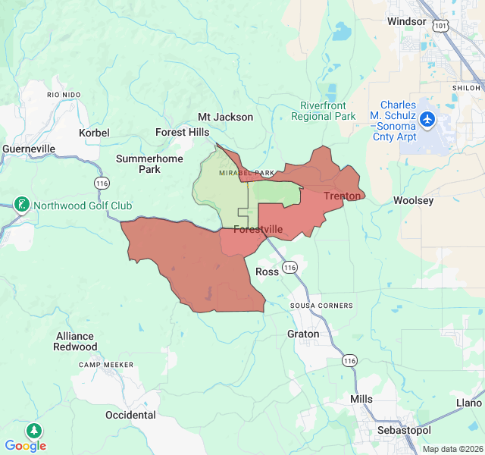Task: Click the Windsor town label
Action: [407, 21]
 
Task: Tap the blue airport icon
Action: [427, 119]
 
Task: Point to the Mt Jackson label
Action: [225, 117]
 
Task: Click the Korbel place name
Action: [94, 133]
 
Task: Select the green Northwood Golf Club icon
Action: [22, 204]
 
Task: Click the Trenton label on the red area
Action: [342, 196]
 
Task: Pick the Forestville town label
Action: [258, 229]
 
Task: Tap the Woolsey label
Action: [413, 201]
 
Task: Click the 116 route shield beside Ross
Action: [290, 267]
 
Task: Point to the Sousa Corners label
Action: [321, 306]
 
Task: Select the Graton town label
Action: [303, 334]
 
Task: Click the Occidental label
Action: [130, 415]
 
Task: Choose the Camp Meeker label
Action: [106, 365]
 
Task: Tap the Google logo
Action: [25, 446]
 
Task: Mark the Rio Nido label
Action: [63, 95]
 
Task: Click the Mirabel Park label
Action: [246, 173]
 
